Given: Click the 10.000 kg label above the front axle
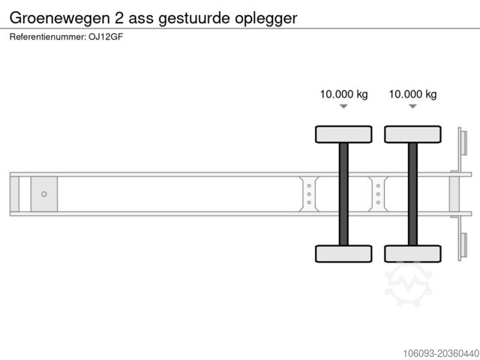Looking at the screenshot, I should (343, 94).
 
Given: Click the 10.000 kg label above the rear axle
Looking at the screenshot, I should (412, 94).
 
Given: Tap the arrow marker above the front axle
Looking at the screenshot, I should (343, 107).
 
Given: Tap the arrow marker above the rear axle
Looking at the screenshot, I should (412, 107).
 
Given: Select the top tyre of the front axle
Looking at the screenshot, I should (343, 134).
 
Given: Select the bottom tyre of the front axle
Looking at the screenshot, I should (343, 253).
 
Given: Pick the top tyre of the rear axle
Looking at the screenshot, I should (412, 134).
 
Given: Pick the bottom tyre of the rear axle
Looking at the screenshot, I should (412, 253).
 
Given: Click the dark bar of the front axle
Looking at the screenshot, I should (343, 193).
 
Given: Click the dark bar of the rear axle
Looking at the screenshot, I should (412, 193).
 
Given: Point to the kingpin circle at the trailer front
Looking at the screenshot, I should (43, 194).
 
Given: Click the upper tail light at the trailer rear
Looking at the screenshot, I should (463, 142).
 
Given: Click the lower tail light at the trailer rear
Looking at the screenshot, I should (463, 246).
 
